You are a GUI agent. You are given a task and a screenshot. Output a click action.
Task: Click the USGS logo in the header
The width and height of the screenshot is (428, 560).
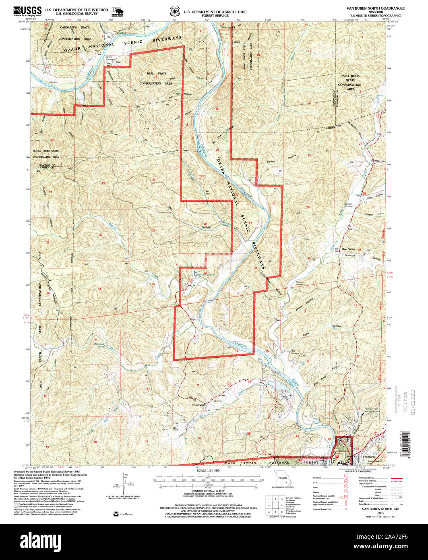(27, 11)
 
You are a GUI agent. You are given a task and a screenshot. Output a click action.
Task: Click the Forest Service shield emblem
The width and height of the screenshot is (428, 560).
(174, 11)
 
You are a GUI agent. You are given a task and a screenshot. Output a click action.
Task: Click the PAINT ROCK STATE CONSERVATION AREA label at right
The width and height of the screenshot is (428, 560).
(349, 82)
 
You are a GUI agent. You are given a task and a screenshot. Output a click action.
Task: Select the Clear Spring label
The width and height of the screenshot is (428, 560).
(348, 249)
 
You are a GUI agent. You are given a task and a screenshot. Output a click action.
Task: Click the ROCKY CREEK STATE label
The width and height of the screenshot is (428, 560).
(46, 151)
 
